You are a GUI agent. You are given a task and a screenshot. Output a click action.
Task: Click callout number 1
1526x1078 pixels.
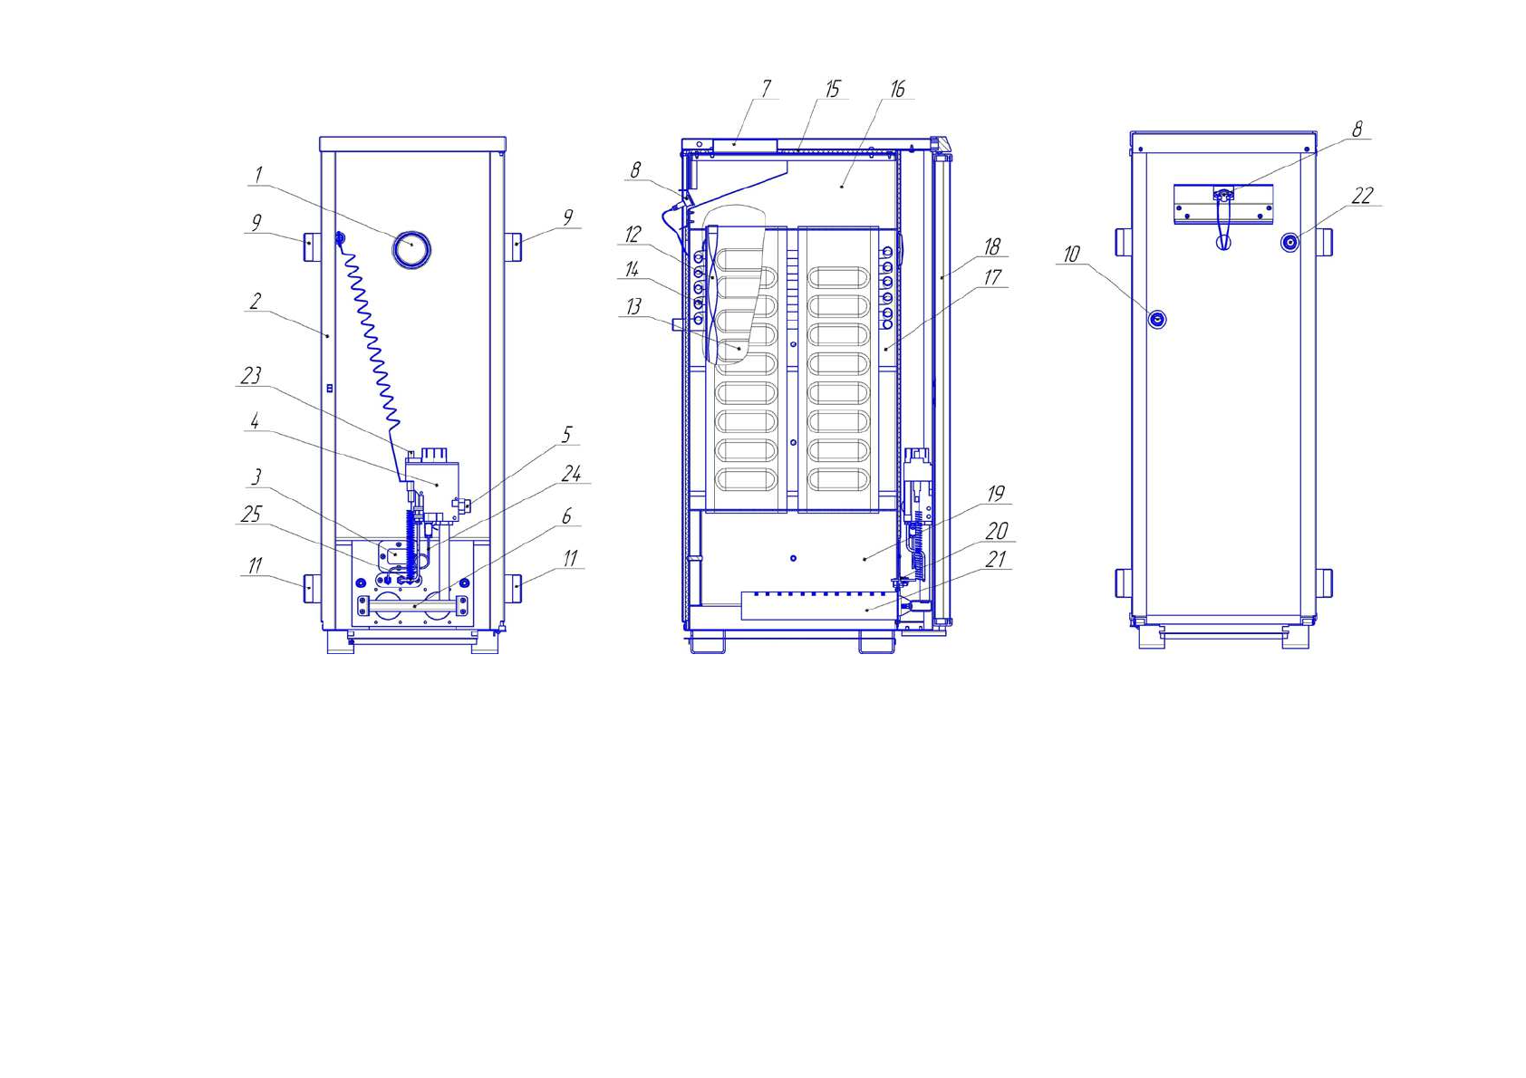tap(258, 175)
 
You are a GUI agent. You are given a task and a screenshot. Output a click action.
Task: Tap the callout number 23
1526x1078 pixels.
tap(251, 375)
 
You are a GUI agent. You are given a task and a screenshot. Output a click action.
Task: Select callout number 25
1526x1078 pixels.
tap(251, 515)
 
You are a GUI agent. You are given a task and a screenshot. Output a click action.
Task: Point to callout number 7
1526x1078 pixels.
tap(767, 89)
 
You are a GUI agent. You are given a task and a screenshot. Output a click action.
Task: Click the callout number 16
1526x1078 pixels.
tap(898, 89)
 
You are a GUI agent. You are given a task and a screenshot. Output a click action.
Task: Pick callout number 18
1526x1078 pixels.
tap(992, 246)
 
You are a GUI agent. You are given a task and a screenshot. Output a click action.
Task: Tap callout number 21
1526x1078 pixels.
tap(995, 559)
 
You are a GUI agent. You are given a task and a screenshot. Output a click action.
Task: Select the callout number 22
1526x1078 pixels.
tap(1362, 197)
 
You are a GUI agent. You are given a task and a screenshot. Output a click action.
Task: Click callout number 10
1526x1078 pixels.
tap(1072, 254)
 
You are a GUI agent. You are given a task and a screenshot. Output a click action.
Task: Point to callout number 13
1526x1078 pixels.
tap(633, 306)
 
